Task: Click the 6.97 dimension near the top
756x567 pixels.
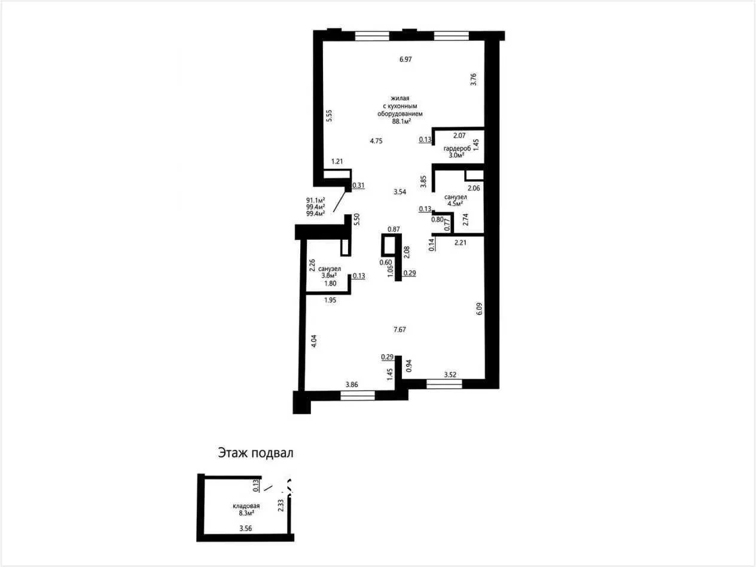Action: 406,59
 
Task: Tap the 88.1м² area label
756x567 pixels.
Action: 401,121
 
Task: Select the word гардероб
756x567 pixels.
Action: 457,149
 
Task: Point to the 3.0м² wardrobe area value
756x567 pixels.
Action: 456,156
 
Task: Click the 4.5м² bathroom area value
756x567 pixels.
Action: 455,203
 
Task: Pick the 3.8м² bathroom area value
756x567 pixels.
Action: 329,275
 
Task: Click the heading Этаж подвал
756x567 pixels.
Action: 255,453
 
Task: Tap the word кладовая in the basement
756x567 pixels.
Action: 246,506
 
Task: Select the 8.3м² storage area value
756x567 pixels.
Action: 246,513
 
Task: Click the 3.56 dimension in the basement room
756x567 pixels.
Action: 246,529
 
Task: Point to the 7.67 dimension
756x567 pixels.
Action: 400,330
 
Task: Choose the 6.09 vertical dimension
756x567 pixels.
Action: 479,309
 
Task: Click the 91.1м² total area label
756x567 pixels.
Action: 316,200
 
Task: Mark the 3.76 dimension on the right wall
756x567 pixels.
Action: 474,79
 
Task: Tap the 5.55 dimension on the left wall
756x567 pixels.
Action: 330,116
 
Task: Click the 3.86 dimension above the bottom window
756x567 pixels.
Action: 352,385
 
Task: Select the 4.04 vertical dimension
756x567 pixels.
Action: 314,341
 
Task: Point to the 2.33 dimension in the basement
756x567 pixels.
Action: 281,505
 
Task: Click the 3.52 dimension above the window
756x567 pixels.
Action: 450,374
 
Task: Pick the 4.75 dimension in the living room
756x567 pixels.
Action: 376,141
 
